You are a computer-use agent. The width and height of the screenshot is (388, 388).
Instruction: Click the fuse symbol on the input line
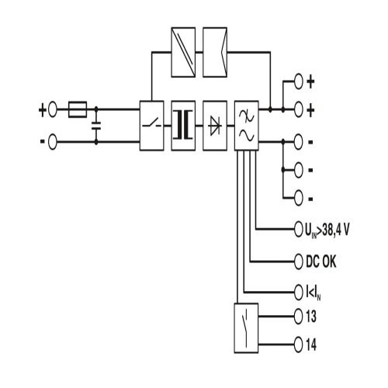coord(78,109)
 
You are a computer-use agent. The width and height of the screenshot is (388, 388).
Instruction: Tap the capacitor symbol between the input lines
coord(96,126)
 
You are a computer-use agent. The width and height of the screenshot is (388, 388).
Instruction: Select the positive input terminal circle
coord(53,109)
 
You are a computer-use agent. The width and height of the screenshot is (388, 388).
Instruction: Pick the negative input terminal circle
coord(53,142)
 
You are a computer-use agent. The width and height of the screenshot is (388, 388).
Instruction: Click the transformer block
coord(183,126)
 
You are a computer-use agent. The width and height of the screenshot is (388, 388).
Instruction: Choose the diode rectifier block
coord(215,126)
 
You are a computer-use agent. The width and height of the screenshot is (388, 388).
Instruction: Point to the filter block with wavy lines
coord(247,126)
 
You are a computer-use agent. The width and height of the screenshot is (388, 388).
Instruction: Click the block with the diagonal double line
coord(183,52)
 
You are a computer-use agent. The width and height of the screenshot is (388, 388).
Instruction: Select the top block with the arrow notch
coord(215,52)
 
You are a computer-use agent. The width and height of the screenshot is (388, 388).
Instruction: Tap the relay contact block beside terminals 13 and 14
coord(246,328)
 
